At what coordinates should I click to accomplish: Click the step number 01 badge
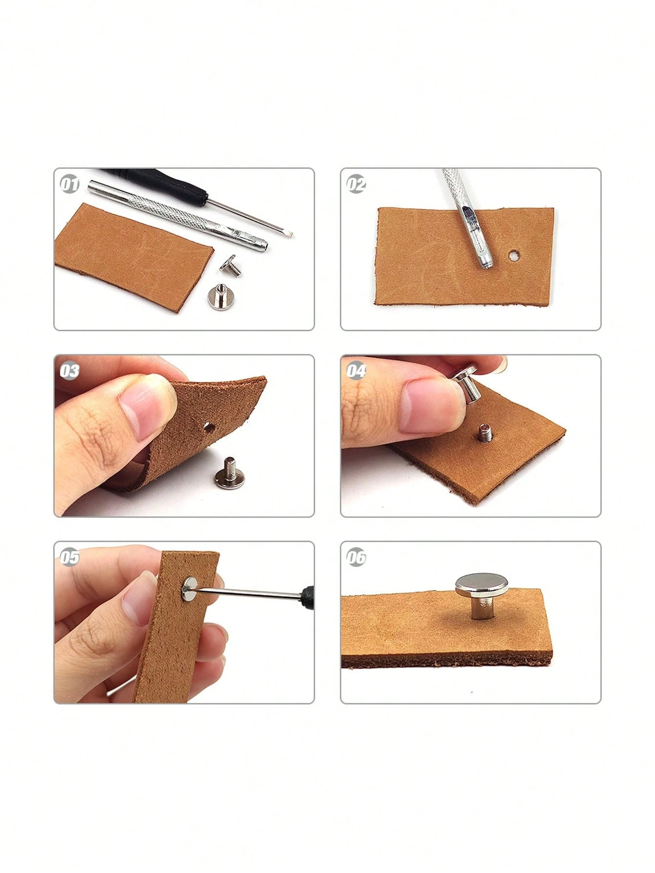(x=69, y=184)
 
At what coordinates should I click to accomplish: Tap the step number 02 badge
(x=356, y=184)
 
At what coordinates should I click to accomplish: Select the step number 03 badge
(x=69, y=371)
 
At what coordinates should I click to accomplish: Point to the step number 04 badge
(x=356, y=371)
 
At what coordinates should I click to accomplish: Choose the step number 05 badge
(x=69, y=557)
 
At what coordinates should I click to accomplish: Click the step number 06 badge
(x=356, y=557)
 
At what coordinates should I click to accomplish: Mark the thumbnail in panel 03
(x=148, y=410)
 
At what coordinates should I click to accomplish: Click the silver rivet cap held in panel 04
(x=467, y=382)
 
